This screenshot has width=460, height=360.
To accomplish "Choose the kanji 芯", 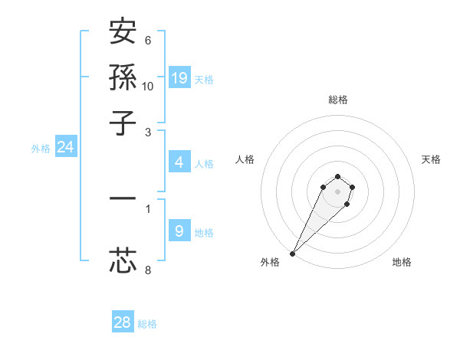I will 123,260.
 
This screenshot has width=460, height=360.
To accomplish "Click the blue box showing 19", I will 179,78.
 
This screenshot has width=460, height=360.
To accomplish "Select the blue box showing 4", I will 179,162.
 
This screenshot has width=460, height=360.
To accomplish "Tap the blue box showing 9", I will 179,231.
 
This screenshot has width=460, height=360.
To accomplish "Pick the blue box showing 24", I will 65,148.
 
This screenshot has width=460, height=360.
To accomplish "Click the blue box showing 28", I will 123,322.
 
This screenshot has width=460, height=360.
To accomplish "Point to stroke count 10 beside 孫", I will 148,85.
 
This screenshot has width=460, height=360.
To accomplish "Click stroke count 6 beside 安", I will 148,40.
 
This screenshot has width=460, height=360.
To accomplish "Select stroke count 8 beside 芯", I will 148,270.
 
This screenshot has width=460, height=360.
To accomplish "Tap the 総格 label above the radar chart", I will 337,100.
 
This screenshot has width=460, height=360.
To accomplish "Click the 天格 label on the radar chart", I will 431,159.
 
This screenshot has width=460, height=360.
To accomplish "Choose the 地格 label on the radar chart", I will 402,262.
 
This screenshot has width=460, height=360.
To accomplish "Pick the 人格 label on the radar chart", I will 245,159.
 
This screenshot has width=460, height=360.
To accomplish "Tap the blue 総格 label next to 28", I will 147,324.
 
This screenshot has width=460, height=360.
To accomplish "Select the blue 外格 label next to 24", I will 41,149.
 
